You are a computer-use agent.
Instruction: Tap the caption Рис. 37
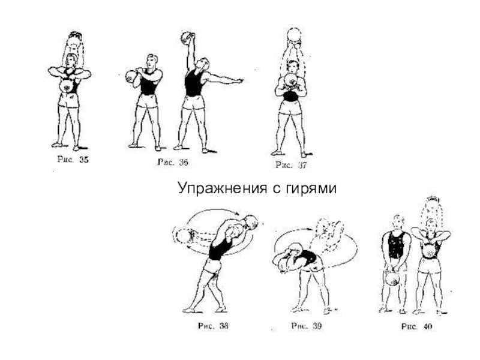coord(290,164)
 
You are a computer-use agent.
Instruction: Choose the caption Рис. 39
coord(308,326)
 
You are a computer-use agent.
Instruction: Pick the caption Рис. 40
coord(416,327)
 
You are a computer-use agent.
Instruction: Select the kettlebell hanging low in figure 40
coord(391,280)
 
